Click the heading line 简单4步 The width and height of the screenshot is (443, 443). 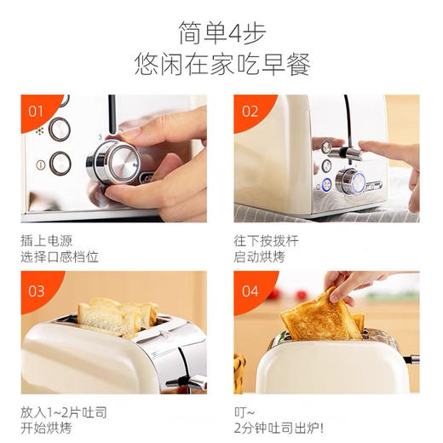click(x=221, y=32)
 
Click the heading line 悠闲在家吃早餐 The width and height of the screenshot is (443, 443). click(x=221, y=64)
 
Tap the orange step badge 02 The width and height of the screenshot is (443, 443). click(x=250, y=111)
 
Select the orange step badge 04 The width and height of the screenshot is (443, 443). click(x=250, y=291)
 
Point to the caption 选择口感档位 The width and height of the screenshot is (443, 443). click(x=60, y=257)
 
